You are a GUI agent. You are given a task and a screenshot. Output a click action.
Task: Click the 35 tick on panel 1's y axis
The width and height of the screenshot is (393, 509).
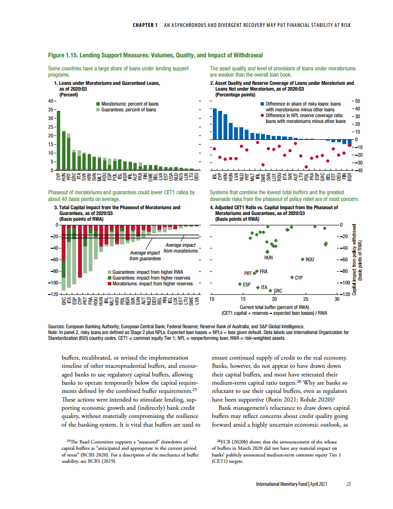pos(51,109)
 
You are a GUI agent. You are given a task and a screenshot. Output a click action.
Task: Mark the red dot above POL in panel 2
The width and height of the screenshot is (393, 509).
pos(306,167)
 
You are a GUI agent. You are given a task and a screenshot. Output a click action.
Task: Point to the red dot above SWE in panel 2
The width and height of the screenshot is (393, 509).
pos(263,165)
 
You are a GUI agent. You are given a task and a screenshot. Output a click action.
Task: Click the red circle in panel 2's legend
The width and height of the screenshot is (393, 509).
pos(262,116)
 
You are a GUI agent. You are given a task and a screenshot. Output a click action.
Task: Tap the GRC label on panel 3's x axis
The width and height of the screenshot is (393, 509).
pos(64,301)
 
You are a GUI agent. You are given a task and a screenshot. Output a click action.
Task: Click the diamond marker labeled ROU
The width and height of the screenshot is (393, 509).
pos(302,259)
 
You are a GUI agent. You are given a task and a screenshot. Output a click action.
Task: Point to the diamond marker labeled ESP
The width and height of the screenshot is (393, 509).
pos(240,284)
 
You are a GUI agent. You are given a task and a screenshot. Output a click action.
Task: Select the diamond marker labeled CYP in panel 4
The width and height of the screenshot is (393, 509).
pos(292,278)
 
